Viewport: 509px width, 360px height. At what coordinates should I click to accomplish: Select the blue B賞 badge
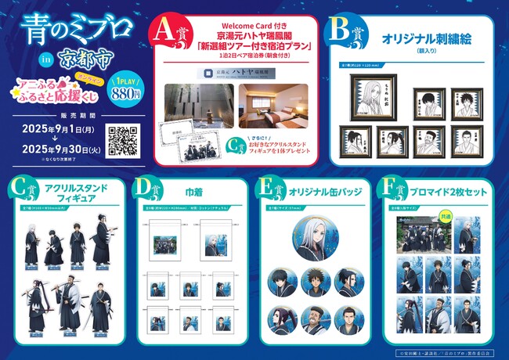[348, 34]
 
